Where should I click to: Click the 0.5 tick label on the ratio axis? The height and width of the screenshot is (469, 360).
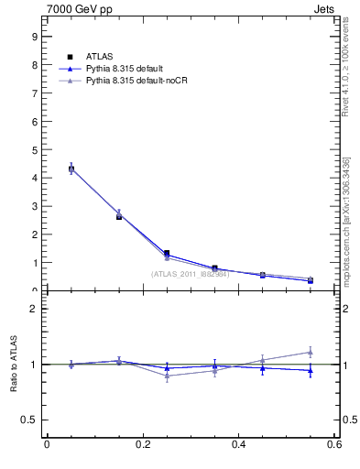(x=30, y=420)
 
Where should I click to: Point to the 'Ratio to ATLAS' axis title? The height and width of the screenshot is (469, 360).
(x=14, y=365)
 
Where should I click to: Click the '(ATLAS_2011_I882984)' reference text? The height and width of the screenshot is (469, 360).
(x=190, y=274)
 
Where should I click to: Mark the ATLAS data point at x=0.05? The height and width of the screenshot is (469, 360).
(x=71, y=169)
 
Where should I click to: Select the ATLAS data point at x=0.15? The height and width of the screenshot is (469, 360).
(x=119, y=216)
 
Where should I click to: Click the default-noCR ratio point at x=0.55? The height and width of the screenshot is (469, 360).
(x=311, y=352)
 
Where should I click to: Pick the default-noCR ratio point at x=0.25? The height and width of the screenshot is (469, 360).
(x=167, y=376)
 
